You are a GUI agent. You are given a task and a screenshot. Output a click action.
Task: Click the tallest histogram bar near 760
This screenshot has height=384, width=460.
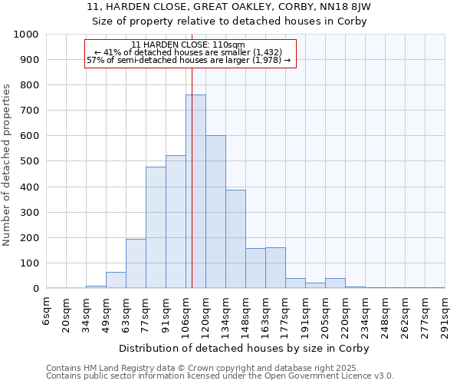point(195,192)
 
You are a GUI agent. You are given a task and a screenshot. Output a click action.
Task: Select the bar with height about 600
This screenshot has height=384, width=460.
point(215,212)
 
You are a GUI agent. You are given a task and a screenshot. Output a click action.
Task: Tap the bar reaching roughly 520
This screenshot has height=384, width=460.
point(176,222)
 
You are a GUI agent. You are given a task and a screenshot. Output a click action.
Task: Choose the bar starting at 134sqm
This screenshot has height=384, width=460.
point(235,239)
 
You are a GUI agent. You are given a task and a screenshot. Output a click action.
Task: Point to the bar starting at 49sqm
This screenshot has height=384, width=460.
point(116,280)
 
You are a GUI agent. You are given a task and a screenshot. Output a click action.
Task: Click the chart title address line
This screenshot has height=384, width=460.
point(230,7)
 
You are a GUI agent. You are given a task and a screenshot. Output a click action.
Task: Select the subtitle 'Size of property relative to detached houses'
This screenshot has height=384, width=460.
point(230,21)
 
